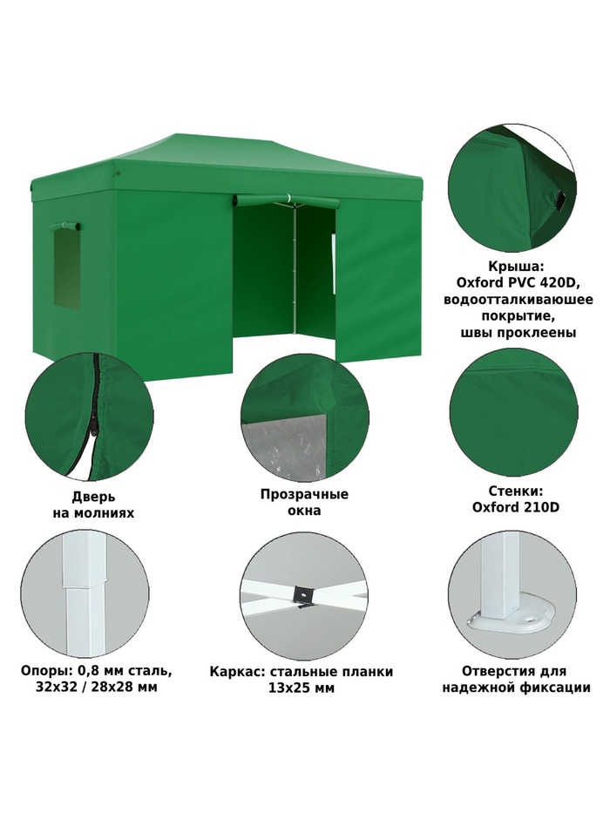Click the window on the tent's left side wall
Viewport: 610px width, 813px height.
(x=66, y=268)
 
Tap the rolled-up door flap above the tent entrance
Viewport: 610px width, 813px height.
(x=287, y=200)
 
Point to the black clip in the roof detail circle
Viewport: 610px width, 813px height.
(x=560, y=200)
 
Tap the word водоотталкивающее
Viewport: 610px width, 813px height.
(x=518, y=300)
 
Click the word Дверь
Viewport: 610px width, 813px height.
(x=93, y=498)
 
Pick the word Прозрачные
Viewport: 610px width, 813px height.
(x=304, y=494)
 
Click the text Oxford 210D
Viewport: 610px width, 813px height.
(x=516, y=506)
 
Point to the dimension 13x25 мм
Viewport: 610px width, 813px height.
(x=302, y=688)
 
